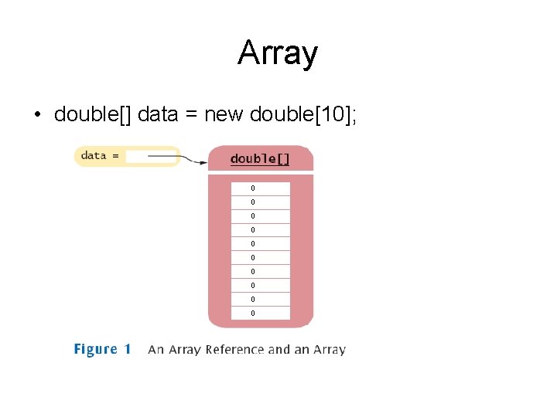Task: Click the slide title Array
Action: tap(278, 53)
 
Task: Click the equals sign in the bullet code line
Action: tap(190, 115)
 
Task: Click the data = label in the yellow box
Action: tap(100, 156)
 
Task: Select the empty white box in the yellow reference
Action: tap(150, 156)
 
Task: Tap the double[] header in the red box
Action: tap(260, 159)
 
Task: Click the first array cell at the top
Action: tap(260, 188)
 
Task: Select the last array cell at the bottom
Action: tap(260, 313)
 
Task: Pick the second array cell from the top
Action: tap(260, 202)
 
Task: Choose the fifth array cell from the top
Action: tap(260, 244)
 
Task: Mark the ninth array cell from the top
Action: tap(260, 299)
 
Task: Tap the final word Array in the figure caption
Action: tap(330, 350)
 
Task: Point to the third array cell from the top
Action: tap(260, 216)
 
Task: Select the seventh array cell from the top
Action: tap(260, 271)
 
